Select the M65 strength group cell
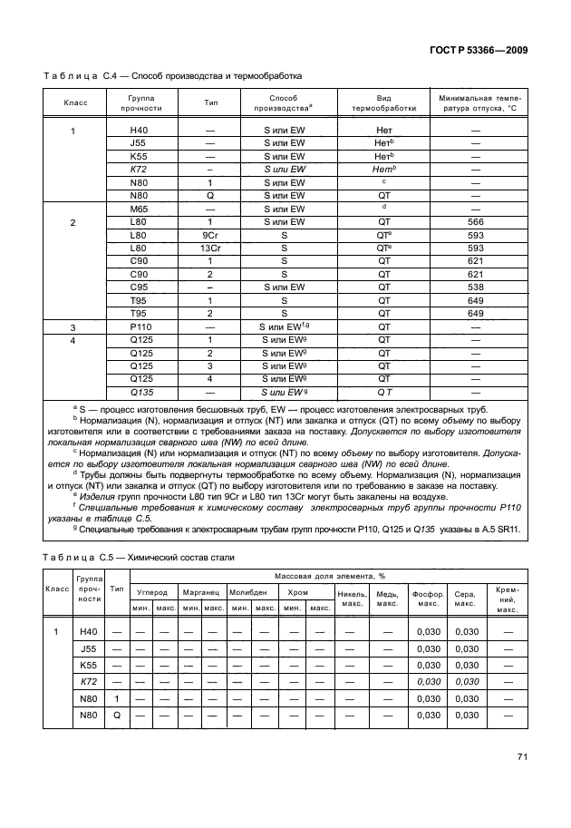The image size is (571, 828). (139, 209)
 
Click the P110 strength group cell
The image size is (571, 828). (139, 326)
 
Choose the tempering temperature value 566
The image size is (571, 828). (475, 221)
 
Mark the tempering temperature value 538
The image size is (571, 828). (475, 287)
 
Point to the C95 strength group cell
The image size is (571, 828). (139, 287)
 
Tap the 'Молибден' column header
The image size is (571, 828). (247, 592)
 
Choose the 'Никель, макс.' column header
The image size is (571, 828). (351, 599)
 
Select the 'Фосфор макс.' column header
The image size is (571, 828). (427, 599)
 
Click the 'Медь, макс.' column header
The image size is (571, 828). (388, 599)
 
